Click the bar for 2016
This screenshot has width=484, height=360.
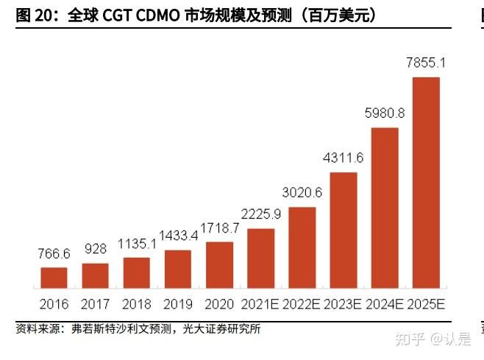point(54,277)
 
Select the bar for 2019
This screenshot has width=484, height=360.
point(178,269)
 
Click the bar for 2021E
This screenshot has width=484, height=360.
point(260,258)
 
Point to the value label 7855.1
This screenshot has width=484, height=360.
point(426,65)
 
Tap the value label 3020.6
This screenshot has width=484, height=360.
point(302,193)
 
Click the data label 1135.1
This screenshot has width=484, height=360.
point(136,244)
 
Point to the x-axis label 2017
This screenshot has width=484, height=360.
point(95,303)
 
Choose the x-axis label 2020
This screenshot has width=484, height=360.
point(219,303)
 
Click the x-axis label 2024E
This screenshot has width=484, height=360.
point(385,303)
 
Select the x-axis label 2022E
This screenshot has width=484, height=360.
point(302,303)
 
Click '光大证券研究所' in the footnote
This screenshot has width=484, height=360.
point(228,329)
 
